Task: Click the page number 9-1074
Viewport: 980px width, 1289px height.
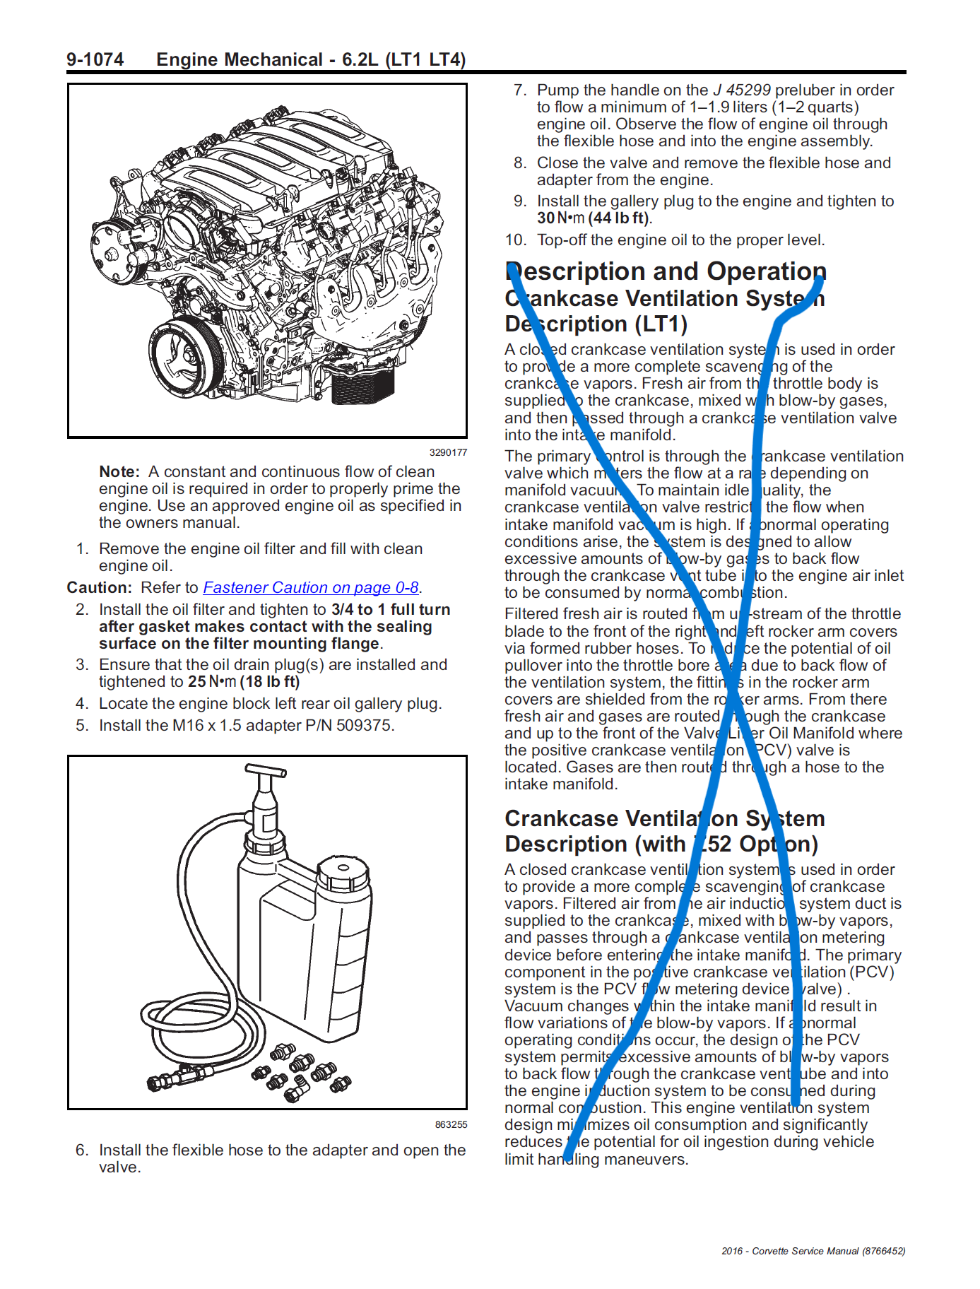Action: (95, 59)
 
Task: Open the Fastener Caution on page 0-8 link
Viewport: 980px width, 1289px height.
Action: (311, 588)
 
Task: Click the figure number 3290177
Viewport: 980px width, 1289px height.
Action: (448, 453)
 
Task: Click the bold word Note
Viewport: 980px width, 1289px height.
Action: (119, 472)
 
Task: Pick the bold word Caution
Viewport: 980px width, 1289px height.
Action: (99, 588)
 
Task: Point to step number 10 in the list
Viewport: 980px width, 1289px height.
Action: (515, 240)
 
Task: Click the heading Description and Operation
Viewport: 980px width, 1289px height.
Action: (666, 271)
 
